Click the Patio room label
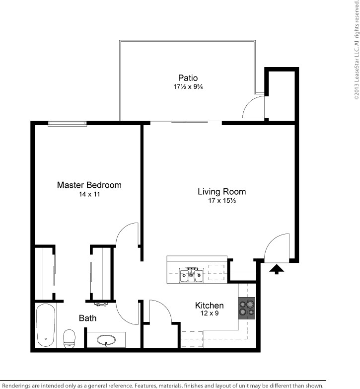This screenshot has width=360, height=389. click(188, 78)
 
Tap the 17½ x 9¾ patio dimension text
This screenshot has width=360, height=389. click(188, 87)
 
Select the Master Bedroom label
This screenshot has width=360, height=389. click(89, 185)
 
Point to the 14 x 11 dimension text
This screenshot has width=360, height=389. click(89, 194)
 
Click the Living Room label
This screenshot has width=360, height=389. click(221, 192)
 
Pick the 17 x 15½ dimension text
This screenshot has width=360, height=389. click(222, 200)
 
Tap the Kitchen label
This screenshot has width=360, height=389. click(209, 305)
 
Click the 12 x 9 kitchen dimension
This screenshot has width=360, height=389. click(210, 313)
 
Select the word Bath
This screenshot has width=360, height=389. click(87, 318)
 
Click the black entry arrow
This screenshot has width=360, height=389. click(277, 269)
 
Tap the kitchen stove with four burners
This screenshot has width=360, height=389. click(247, 308)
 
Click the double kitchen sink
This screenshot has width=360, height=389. click(192, 275)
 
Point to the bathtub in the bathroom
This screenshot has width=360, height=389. click(46, 325)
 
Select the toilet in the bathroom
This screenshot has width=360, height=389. click(69, 339)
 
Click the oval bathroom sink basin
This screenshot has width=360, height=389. click(106, 340)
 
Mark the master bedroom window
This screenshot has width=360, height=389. click(67, 124)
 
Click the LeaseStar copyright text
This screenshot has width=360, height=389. click(357, 50)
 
